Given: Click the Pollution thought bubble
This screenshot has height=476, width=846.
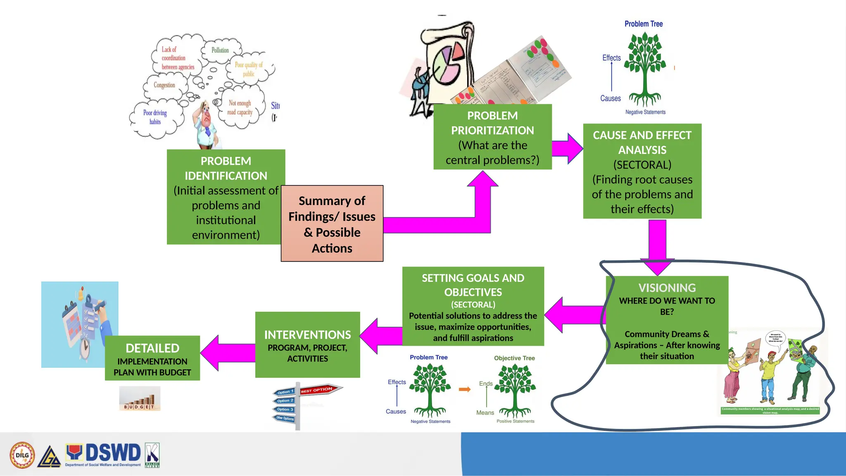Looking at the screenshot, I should click(220, 50).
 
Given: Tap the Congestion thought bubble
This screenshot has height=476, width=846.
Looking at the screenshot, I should click(164, 85).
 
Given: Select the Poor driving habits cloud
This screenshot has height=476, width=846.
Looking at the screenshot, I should click(155, 117).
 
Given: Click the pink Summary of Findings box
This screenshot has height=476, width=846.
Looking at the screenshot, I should click(332, 224).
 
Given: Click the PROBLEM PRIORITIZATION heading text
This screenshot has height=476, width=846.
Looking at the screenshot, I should click(492, 123).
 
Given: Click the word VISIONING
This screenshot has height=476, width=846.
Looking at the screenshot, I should click(667, 288).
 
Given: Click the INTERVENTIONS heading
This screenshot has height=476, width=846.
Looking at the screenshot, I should click(307, 335).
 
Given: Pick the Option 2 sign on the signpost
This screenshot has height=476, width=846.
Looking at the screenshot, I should click(285, 401).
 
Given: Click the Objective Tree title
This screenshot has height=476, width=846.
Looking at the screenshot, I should click(514, 358).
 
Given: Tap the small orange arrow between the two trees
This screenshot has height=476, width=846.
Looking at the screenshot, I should click(465, 389).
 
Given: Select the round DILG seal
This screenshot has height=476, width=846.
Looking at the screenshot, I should click(22, 455).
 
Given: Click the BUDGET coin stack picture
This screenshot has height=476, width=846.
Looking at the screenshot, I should click(140, 399).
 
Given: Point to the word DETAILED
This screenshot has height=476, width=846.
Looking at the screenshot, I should click(152, 348).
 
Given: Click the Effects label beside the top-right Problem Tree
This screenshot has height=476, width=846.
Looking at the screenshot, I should click(611, 58).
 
